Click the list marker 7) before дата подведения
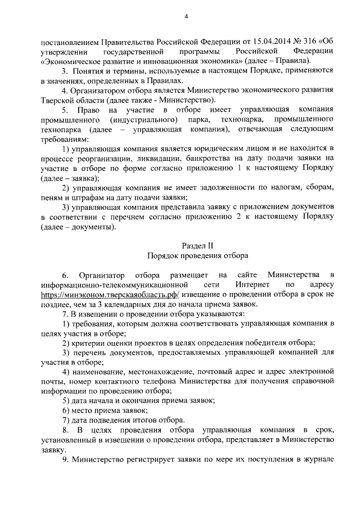[x=66, y=421]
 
